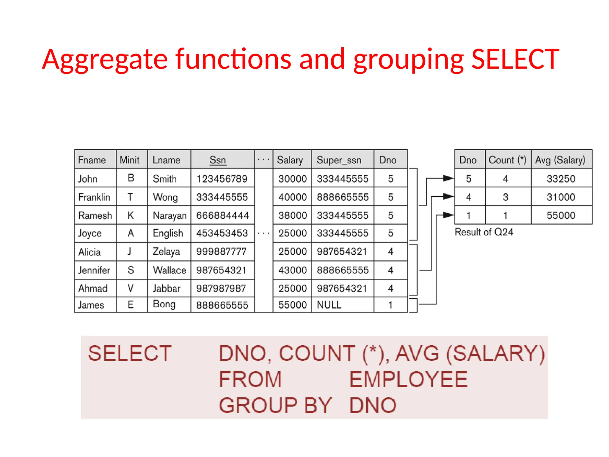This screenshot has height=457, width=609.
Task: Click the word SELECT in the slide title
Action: pos(515,59)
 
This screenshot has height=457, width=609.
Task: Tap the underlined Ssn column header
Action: pos(218,160)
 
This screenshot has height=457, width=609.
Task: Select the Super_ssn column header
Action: pos(339,160)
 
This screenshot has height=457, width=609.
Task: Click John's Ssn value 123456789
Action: pos(222,179)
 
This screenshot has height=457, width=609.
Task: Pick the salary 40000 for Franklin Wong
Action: pos(292,197)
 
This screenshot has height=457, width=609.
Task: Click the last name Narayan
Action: pos(169,215)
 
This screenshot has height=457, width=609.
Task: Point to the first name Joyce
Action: pos(90,233)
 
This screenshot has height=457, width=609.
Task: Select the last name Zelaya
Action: pos(166,252)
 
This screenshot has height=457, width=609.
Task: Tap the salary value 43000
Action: pos(292,270)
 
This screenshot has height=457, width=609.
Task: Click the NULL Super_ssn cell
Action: pos(329,305)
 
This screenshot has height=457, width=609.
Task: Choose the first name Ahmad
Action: pos(93,288)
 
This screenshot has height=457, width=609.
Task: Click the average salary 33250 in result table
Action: pos(561,179)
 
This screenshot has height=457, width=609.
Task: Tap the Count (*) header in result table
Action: pos(507,160)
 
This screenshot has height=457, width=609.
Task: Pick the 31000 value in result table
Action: pos(561,197)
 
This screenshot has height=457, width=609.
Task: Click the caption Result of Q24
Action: pos(484,232)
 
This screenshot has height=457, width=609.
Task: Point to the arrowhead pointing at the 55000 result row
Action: pos(448,215)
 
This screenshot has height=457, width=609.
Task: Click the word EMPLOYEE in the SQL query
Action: pos(408,380)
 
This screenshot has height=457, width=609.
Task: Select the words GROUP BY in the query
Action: pos(275,406)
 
